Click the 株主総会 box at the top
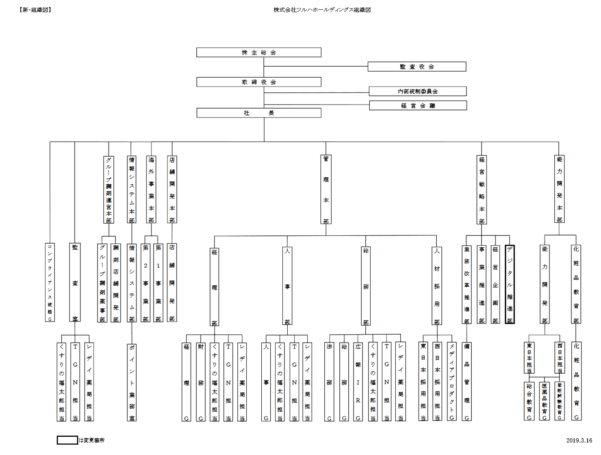pyautogui.click(x=258, y=52)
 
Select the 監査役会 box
pyautogui.click(x=417, y=67)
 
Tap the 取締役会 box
pyautogui.click(x=258, y=82)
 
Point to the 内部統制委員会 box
pyautogui.click(x=417, y=91)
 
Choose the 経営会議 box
pyautogui.click(x=418, y=106)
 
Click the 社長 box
pyautogui.click(x=258, y=113)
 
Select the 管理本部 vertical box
pyautogui.click(x=326, y=189)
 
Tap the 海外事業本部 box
pyautogui.click(x=151, y=189)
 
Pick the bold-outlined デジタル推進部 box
pyautogui.click(x=510, y=284)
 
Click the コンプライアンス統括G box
pyautogui.click(x=50, y=282)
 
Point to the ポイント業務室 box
pyautogui.click(x=132, y=382)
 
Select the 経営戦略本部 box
pyautogui.click(x=482, y=190)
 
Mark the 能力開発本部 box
pyautogui.click(x=560, y=189)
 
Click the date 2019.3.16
pyautogui.click(x=579, y=440)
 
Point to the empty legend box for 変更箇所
pyautogui.click(x=67, y=440)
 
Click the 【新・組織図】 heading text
pyautogui.click(x=35, y=10)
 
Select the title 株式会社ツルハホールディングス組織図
pyautogui.click(x=322, y=10)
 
